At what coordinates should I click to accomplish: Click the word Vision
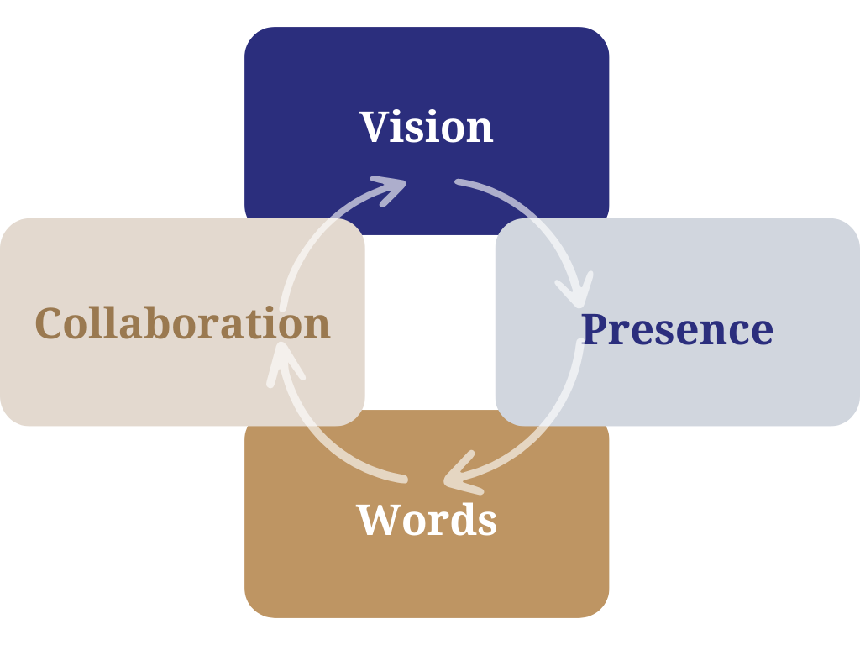coord(427,127)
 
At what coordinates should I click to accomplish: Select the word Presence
coord(677,328)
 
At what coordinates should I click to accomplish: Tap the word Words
coord(427,519)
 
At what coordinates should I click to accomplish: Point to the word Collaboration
coord(183,323)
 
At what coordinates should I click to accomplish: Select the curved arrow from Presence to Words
coord(546,428)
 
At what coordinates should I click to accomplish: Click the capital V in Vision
coord(377,127)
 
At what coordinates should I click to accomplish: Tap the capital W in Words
coord(379,519)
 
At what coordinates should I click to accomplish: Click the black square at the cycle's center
coord(429,323)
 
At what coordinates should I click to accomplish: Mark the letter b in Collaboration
coord(168,323)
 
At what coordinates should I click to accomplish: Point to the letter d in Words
coord(462,519)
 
